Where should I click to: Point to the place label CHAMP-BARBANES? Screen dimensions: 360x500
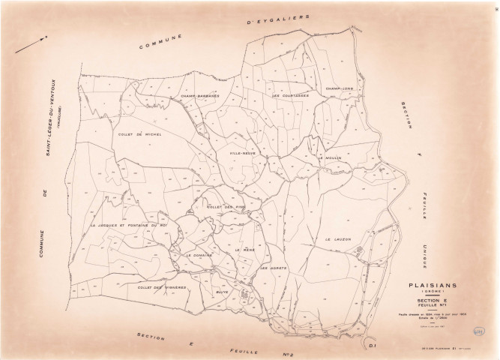(x=199, y=96)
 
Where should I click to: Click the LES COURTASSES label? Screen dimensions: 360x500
(x=291, y=96)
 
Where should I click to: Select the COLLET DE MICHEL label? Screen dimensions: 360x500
(x=140, y=134)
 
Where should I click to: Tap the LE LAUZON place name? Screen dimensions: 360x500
(x=339, y=238)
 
